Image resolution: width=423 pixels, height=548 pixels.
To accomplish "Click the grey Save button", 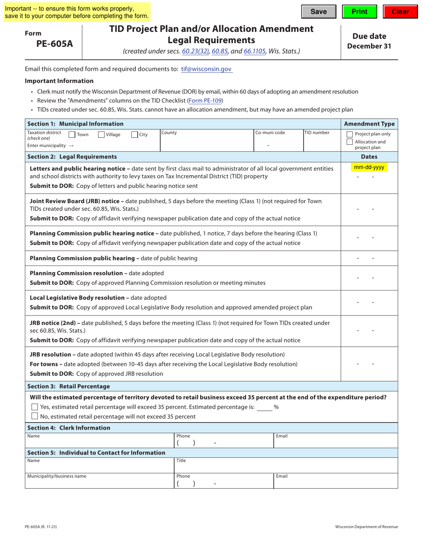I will pyautogui.click(x=318, y=12).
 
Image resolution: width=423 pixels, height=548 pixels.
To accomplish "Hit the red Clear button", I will pyautogui.click(x=400, y=12).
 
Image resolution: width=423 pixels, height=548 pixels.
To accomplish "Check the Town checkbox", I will pyautogui.click(x=72, y=135).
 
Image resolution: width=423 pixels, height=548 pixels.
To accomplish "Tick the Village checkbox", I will pyautogui.click(x=101, y=135).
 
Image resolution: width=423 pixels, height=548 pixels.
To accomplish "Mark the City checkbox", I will pyautogui.click(x=134, y=135).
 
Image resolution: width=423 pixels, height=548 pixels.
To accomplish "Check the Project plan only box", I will pyautogui.click(x=350, y=134).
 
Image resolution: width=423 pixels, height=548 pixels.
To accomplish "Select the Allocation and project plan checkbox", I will pyautogui.click(x=350, y=142).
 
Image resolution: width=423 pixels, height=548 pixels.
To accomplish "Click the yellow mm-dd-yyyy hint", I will pyautogui.click(x=369, y=168).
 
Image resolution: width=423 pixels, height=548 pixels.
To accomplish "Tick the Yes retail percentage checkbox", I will pyautogui.click(x=35, y=407).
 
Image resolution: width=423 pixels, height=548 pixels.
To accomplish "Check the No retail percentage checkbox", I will pyautogui.click(x=35, y=417).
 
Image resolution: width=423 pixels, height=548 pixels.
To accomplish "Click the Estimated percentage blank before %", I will pyautogui.click(x=264, y=407).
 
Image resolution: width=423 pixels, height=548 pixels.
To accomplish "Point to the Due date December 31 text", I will pyautogui.click(x=369, y=41).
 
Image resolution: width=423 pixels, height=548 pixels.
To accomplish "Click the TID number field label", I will pyautogui.click(x=317, y=133).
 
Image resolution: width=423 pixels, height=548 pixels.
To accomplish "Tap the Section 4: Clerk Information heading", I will pyautogui.click(x=69, y=428).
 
